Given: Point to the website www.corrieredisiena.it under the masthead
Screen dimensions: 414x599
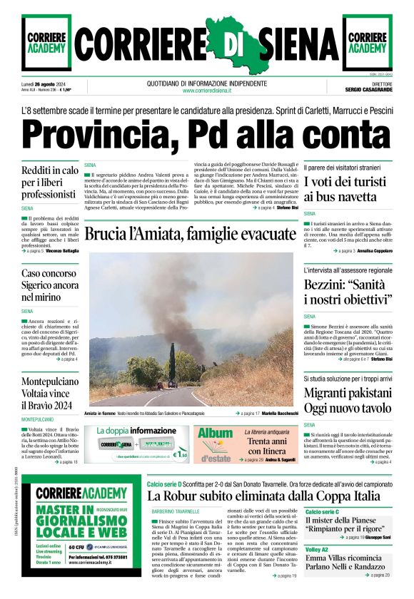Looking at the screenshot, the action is click(206, 91).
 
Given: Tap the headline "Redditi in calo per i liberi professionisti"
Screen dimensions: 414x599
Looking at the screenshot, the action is click(50, 183).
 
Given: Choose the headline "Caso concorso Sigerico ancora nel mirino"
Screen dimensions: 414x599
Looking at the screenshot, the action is click(50, 285).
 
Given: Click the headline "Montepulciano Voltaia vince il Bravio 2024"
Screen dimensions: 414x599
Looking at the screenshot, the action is click(50, 394).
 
